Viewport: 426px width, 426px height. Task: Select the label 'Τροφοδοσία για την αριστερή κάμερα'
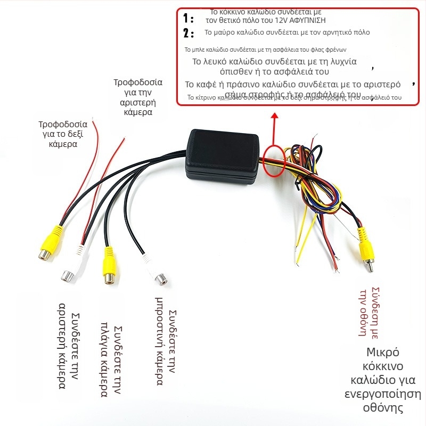[138, 97]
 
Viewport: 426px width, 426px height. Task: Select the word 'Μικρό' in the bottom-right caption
[382, 352]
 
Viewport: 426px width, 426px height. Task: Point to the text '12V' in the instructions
[280, 20]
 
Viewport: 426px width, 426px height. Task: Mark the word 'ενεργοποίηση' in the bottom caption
[382, 394]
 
